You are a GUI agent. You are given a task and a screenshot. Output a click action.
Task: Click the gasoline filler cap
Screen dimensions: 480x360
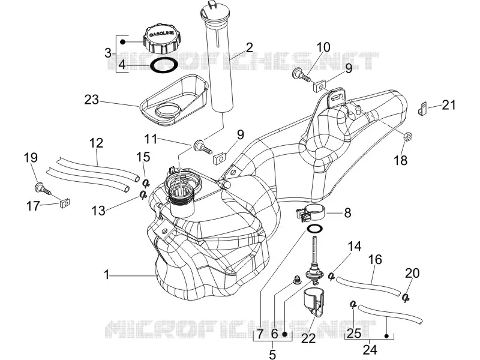(161, 39)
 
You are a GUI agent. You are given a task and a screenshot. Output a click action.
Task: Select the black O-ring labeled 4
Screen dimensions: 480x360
(164, 65)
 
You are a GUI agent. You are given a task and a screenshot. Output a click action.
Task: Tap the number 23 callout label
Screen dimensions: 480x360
(92, 100)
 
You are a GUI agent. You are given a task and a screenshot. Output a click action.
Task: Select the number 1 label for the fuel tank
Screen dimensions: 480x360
(106, 275)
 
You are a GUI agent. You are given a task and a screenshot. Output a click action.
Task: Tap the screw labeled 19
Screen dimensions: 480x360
(42, 188)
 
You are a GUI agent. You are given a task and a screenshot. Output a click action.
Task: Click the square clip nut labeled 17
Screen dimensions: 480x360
(64, 203)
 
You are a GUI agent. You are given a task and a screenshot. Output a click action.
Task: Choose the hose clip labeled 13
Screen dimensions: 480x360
(143, 194)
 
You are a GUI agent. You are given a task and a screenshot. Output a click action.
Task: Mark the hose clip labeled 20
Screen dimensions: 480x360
(406, 297)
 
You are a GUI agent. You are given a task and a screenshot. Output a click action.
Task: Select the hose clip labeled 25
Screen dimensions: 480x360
(353, 304)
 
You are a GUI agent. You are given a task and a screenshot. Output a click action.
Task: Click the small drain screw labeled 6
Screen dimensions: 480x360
(296, 280)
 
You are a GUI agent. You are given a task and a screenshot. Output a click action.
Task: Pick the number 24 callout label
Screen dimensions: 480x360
(370, 350)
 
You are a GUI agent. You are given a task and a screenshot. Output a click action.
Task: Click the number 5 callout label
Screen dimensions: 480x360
(272, 354)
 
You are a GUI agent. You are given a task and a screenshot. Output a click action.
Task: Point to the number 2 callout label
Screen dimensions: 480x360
(249, 48)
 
